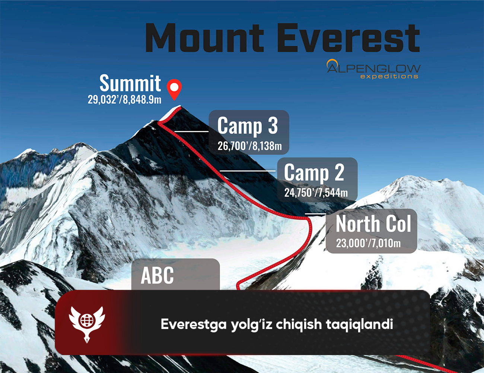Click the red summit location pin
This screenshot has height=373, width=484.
coord(174,89)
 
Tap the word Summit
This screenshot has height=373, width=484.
coord(130,83)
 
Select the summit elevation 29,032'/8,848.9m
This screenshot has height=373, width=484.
coord(124,100)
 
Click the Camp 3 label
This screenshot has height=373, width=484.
coord(248,126)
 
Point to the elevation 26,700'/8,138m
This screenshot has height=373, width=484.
coord(250,146)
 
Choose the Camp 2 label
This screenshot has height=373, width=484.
coord(314,172)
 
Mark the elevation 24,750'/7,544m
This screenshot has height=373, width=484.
coord(316,192)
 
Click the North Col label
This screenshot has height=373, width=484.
coord(373,223)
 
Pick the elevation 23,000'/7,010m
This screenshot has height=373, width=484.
coord(368,243)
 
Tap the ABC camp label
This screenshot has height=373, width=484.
coord(157,275)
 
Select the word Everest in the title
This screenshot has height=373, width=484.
coord(348,38)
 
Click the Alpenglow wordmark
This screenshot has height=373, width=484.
coord(373,68)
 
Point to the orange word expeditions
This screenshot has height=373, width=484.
coord(389,76)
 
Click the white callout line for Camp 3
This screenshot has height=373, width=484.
coord(191,131)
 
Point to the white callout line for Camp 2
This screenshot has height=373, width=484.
coord(248,171)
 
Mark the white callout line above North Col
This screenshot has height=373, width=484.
coord(315,214)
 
